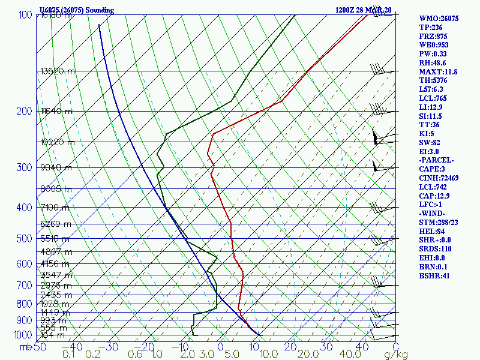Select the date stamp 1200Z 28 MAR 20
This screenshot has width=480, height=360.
363,10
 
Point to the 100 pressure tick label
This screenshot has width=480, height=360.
25,14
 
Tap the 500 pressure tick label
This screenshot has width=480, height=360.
25,239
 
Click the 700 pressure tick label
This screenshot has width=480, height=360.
25,286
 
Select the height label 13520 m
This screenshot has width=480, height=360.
58,71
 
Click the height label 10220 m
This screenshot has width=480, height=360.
58,142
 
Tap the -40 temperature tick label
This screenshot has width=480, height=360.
73,346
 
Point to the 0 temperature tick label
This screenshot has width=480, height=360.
221,346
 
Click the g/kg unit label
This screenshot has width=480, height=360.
396,355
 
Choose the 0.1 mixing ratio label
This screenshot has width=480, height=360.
69,355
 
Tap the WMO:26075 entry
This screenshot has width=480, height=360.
439,19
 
